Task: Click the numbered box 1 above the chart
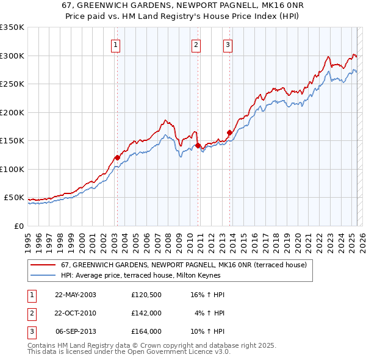click(115, 44)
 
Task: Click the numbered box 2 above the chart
click(196, 44)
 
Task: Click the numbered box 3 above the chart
click(227, 44)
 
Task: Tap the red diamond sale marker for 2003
click(117, 157)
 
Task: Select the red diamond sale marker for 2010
click(198, 145)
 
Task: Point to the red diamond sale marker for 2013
click(229, 132)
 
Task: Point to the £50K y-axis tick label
click(14, 198)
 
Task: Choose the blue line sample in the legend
click(43, 275)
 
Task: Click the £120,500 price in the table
click(146, 295)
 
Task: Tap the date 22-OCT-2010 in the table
click(76, 313)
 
